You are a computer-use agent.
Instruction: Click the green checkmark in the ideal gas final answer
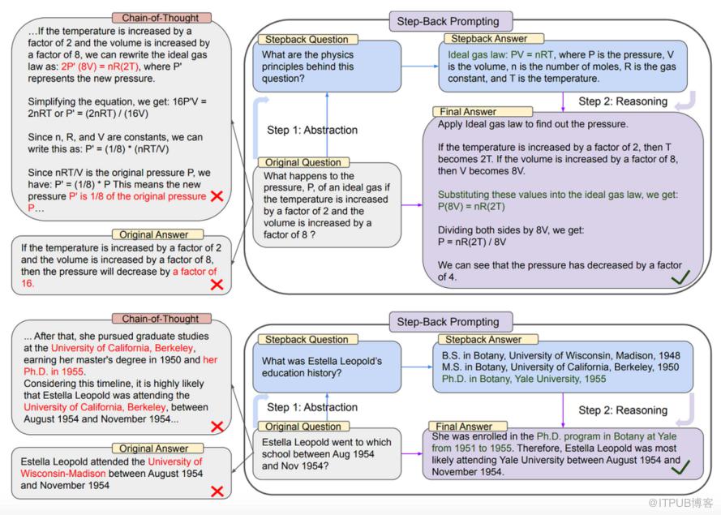tap(680, 278)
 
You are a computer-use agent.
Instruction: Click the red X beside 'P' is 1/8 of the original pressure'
tap(217, 197)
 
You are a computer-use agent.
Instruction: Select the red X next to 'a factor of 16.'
tap(217, 284)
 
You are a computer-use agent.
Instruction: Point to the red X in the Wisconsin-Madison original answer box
tap(217, 491)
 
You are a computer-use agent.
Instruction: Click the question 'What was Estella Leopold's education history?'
tap(322, 367)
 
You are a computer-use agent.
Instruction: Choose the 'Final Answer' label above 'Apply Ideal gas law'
tap(466, 112)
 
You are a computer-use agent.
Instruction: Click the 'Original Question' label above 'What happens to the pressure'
tap(304, 163)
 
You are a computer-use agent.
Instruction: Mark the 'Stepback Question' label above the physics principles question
tap(303, 39)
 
